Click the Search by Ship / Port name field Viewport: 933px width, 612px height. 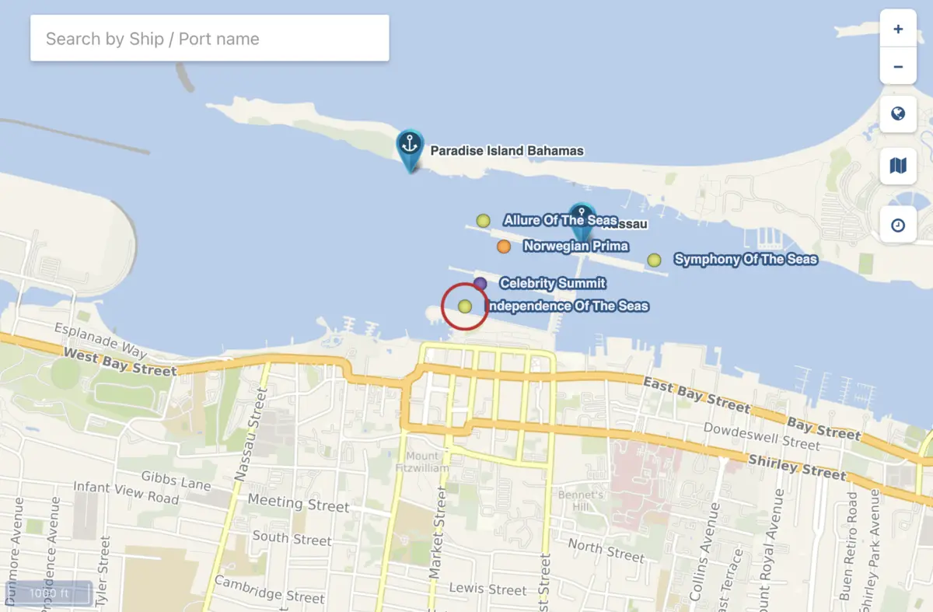[209, 38]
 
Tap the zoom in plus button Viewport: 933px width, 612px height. [898, 30]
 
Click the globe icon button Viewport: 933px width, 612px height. [898, 114]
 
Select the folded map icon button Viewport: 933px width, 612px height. [898, 166]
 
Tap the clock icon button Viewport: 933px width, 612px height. [898, 225]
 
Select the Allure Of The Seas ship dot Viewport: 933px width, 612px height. [483, 221]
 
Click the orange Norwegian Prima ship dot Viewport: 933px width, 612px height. [504, 247]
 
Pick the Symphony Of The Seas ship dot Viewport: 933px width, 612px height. [654, 260]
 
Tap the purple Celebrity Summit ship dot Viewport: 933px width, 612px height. [480, 284]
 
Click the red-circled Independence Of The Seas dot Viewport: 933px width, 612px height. [465, 306]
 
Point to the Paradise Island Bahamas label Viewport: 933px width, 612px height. [507, 151]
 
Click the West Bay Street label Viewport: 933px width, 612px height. [121, 362]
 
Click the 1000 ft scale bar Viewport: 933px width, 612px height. [49, 593]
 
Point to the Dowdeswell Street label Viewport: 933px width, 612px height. [761, 435]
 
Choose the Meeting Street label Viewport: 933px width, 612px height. [299, 503]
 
